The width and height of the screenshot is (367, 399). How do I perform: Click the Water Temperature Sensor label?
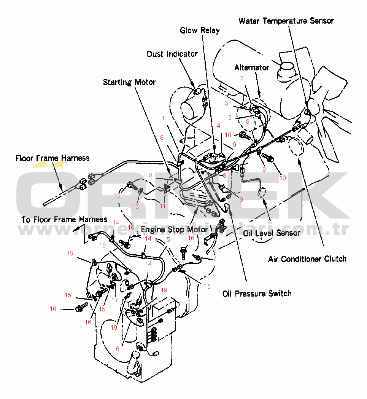pyautogui.click(x=286, y=21)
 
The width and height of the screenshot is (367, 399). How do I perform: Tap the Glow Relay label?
pyautogui.click(x=200, y=30)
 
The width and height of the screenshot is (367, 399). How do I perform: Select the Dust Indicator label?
pyautogui.click(x=172, y=54)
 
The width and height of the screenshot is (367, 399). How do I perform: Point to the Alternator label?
pyautogui.click(x=251, y=68)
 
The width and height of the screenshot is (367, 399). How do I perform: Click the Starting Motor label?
pyautogui.click(x=129, y=82)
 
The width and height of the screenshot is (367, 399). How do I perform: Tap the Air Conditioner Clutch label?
pyautogui.click(x=307, y=259)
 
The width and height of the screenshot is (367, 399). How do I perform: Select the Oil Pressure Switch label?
pyautogui.click(x=257, y=294)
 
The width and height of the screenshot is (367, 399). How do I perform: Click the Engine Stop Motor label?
pyautogui.click(x=175, y=230)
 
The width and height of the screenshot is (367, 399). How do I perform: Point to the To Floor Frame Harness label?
pyautogui.click(x=64, y=220)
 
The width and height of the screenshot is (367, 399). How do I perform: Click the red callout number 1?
pyautogui.click(x=164, y=118)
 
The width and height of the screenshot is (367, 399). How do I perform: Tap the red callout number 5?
pyautogui.click(x=168, y=240)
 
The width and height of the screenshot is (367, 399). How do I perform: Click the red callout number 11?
pyautogui.click(x=163, y=206)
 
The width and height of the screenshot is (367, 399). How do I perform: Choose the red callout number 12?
pyautogui.click(x=117, y=196)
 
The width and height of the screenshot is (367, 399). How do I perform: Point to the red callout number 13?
pyautogui.click(x=136, y=206)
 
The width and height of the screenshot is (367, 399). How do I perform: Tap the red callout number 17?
pyautogui.click(x=114, y=300)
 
